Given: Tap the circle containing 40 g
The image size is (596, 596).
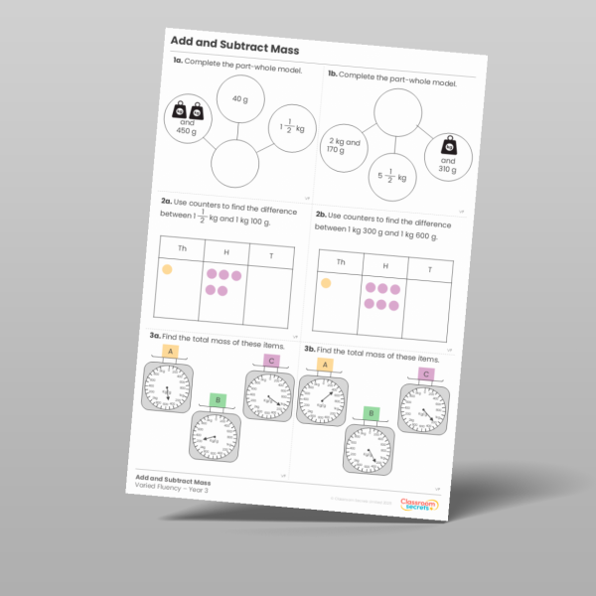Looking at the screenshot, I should [x=239, y=100].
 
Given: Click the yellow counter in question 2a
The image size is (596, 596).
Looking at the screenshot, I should [x=167, y=269].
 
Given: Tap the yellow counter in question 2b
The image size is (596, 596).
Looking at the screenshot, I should [x=325, y=283].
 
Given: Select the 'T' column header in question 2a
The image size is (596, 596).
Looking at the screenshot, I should [x=271, y=255].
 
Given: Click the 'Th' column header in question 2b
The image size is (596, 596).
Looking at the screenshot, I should [x=340, y=262].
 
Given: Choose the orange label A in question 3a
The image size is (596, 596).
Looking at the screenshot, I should [x=170, y=352].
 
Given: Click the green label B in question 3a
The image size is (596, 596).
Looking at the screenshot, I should [x=219, y=400].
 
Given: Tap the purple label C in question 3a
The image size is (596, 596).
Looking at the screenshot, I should [x=271, y=362].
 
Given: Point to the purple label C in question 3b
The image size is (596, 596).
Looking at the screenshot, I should [x=426, y=374].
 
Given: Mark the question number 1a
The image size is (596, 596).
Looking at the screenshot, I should [x=178, y=63].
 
